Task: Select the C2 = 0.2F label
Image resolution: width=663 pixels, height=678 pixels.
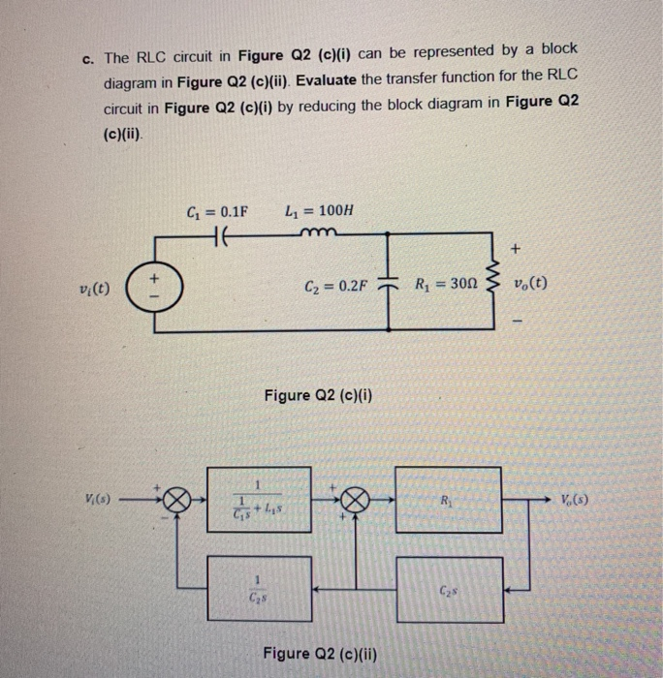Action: pos(335,287)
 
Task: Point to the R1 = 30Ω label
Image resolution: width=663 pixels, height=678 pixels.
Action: pos(445,286)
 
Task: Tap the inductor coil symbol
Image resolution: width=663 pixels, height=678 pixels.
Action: pos(318,232)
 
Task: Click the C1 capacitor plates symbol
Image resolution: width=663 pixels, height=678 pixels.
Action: pos(218,233)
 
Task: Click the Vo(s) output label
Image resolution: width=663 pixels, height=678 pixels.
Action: pos(577,500)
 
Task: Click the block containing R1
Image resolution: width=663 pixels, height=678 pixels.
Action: pos(448,500)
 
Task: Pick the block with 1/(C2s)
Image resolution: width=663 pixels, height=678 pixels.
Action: pos(257,587)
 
